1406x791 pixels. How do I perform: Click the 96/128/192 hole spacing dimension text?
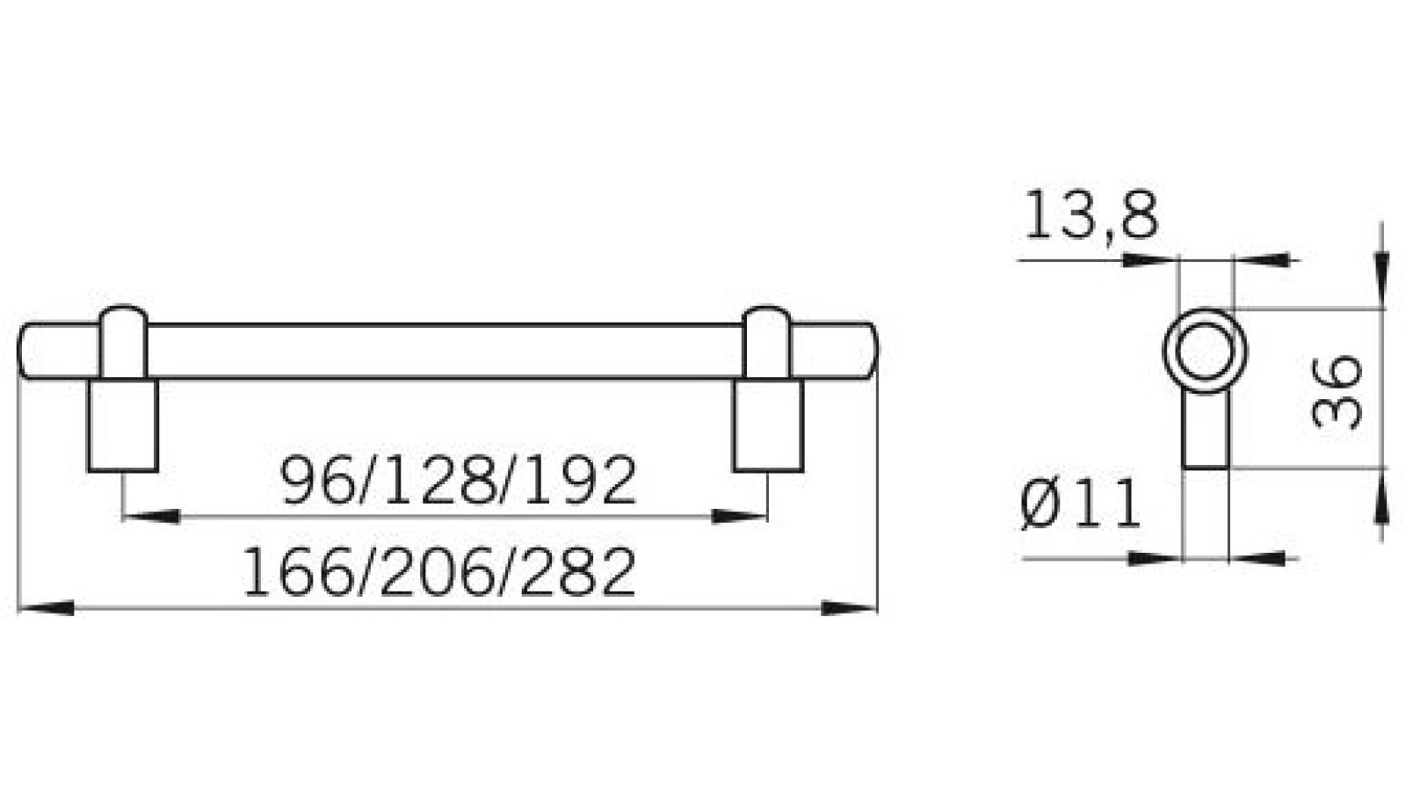(458, 481)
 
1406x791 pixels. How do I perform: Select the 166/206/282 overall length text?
(438, 572)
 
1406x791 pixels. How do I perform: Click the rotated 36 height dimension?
(1337, 391)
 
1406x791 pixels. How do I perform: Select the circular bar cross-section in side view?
(1206, 352)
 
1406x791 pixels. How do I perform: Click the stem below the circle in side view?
(1206, 431)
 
